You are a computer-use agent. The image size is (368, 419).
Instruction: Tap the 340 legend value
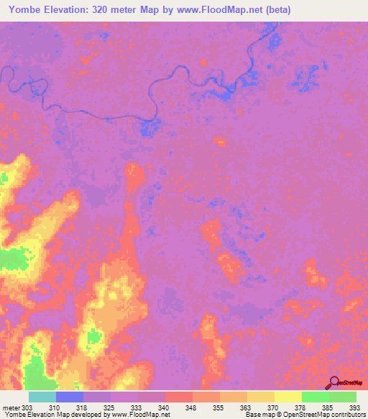tap(165, 407)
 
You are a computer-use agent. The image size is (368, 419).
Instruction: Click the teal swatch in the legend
tap(42, 397)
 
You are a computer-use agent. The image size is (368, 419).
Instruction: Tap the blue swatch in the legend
tap(70, 397)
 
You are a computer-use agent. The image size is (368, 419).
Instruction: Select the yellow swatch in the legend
tap(287, 397)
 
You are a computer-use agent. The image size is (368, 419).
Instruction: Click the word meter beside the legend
tap(10, 407)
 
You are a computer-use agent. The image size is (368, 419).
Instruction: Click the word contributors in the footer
tap(349, 415)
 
